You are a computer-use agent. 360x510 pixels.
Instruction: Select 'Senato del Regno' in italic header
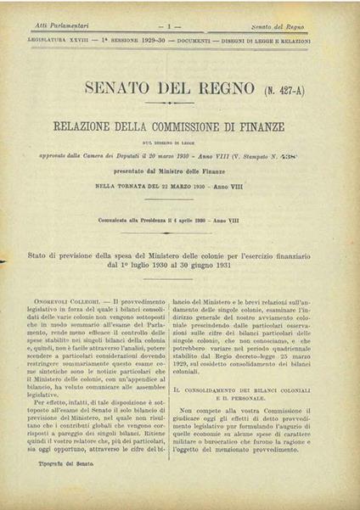288,28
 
